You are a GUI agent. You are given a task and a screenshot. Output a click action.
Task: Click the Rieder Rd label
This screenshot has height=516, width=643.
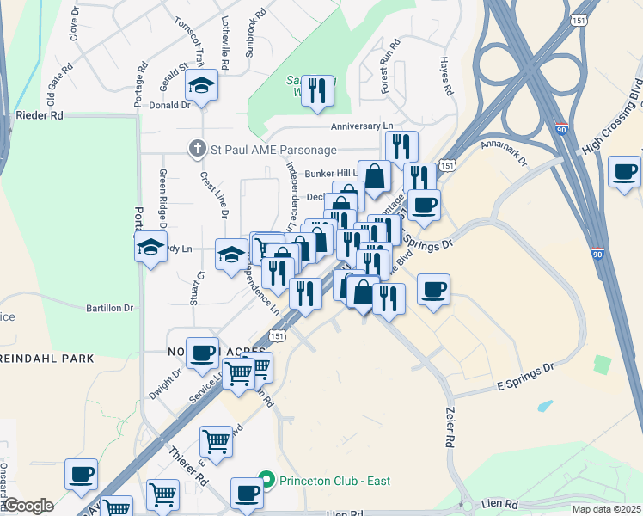coord(40,114)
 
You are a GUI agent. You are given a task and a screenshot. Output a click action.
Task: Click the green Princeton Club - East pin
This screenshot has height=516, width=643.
coord(266,480)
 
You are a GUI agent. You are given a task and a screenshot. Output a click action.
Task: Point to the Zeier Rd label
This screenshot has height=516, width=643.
coord(448,427)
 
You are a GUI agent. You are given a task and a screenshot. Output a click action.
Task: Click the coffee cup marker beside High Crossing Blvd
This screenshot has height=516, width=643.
coord(624,171)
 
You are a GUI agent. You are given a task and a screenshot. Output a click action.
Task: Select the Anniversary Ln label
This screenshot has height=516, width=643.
coord(367,126)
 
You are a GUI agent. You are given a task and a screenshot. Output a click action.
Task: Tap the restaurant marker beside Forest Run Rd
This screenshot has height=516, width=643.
coord(317,89)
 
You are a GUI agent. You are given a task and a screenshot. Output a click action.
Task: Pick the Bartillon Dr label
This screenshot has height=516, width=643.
coord(110,307)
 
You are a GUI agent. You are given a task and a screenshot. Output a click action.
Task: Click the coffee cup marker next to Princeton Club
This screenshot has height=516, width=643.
coord(248,494)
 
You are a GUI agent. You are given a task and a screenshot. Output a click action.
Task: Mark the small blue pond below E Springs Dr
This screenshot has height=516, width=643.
coord(544,405)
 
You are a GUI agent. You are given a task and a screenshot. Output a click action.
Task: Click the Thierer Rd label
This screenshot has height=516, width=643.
coord(189,464)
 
